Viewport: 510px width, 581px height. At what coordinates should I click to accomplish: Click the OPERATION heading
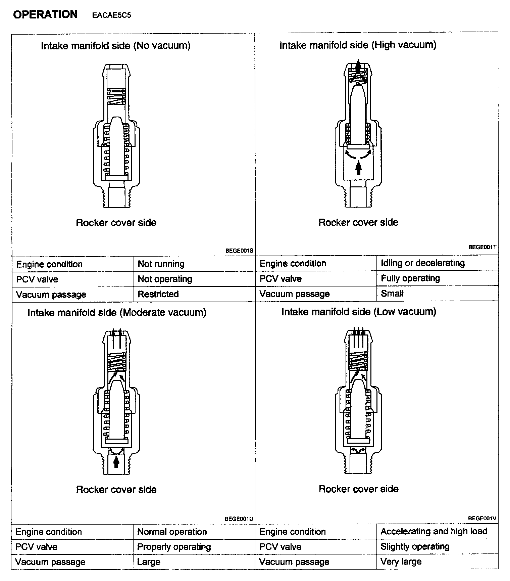pyautogui.click(x=45, y=14)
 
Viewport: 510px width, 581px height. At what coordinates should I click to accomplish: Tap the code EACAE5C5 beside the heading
pyautogui.click(x=111, y=15)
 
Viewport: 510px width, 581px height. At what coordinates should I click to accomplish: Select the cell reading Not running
pyautogui.click(x=161, y=264)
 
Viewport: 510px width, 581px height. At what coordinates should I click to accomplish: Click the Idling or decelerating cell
pyautogui.click(x=423, y=263)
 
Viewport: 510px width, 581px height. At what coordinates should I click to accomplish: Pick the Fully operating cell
pyautogui.click(x=410, y=278)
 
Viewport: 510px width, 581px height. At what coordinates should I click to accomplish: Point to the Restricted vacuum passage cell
pyautogui.click(x=158, y=294)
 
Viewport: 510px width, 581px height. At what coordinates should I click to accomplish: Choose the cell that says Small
pyautogui.click(x=392, y=294)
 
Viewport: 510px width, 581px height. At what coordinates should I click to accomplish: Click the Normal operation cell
pyautogui.click(x=172, y=532)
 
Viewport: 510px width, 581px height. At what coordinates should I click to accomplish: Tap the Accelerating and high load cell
pyautogui.click(x=434, y=531)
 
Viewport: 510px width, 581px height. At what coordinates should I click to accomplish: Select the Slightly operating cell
pyautogui.click(x=415, y=546)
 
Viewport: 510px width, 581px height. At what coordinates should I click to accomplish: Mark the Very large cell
pyautogui.click(x=401, y=562)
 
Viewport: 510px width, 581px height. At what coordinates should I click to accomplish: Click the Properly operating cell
pyautogui.click(x=174, y=547)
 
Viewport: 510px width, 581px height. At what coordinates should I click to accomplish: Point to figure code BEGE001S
pyautogui.click(x=239, y=251)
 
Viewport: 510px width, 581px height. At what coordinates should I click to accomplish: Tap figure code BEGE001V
pyautogui.click(x=482, y=518)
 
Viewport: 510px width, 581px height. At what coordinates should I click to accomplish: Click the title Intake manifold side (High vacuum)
pyautogui.click(x=358, y=45)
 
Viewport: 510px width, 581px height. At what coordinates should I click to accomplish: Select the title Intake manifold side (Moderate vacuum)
pyautogui.click(x=117, y=313)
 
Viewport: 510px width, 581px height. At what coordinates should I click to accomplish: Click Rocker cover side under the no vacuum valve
pyautogui.click(x=116, y=223)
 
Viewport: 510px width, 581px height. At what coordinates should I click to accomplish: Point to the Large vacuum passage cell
pyautogui.click(x=149, y=562)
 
